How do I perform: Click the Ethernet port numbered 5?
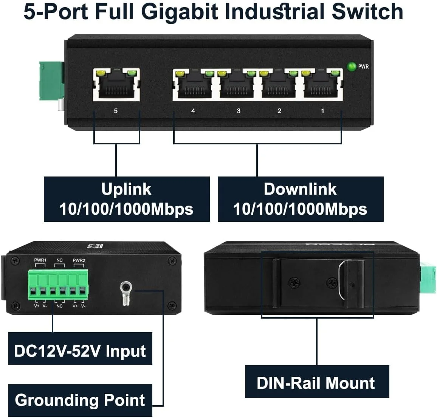tap(116, 85)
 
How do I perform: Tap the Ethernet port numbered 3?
tap(237, 85)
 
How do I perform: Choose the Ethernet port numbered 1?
tap(321, 85)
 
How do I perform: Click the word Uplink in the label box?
tap(126, 189)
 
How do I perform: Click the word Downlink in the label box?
tap(300, 189)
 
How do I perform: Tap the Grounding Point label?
tap(80, 400)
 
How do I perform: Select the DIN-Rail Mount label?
tap(316, 382)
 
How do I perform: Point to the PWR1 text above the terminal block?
tap(40, 260)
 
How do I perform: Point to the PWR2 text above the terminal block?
tap(79, 260)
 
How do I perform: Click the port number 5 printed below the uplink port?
tap(116, 111)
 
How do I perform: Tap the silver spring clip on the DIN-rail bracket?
tap(342, 280)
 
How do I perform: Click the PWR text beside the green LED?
tap(363, 67)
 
